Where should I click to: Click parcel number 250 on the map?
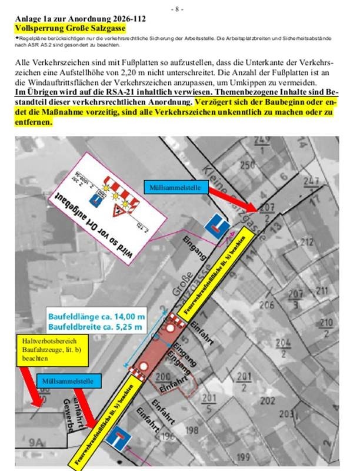point(248,164)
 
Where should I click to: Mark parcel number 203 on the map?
point(286,414)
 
